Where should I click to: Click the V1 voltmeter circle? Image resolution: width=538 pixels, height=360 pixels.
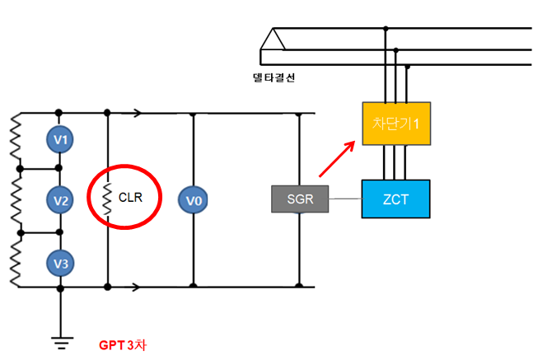pyautogui.click(x=59, y=139)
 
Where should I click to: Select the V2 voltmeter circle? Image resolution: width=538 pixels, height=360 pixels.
pyautogui.click(x=59, y=200)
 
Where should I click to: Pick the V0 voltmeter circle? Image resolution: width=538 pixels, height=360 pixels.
pyautogui.click(x=193, y=200)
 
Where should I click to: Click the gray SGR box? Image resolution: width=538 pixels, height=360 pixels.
pyautogui.click(x=300, y=199)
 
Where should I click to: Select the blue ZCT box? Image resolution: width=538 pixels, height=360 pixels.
pyautogui.click(x=395, y=199)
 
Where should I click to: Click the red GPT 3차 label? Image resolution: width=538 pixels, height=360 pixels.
pyautogui.click(x=121, y=344)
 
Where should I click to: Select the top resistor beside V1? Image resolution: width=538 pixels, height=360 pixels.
pyautogui.click(x=14, y=139)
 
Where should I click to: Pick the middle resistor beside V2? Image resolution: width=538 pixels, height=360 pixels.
pyautogui.click(x=14, y=200)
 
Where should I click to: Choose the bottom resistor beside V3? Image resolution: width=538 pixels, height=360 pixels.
pyautogui.click(x=14, y=261)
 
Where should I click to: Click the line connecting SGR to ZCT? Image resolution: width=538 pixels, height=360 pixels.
pyautogui.click(x=345, y=199)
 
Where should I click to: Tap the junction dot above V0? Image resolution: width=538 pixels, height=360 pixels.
pyautogui.click(x=193, y=114)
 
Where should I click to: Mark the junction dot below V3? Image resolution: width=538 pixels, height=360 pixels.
pyautogui.click(x=59, y=288)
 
